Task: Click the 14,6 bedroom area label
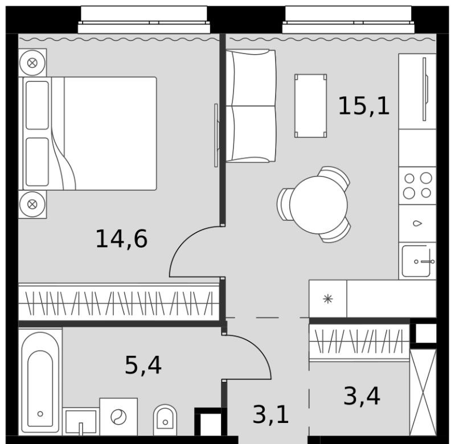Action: click(122, 239)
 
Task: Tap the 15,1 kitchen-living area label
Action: click(363, 106)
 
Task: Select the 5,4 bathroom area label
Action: click(143, 365)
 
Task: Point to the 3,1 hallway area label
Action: click(270, 414)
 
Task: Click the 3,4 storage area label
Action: click(362, 397)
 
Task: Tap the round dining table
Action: click(318, 205)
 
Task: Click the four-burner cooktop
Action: click(417, 186)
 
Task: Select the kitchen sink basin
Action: click(416, 261)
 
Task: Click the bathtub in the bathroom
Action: click(40, 381)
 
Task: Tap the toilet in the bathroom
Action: click(165, 420)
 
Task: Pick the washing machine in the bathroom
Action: click(118, 417)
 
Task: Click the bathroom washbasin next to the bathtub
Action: click(81, 421)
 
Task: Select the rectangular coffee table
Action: click(311, 105)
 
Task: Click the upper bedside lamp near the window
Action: click(32, 63)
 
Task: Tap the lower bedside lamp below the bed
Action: click(32, 204)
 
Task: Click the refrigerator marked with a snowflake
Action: click(328, 299)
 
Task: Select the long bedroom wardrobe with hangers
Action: click(118, 302)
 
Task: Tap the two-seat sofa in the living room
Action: click(251, 106)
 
